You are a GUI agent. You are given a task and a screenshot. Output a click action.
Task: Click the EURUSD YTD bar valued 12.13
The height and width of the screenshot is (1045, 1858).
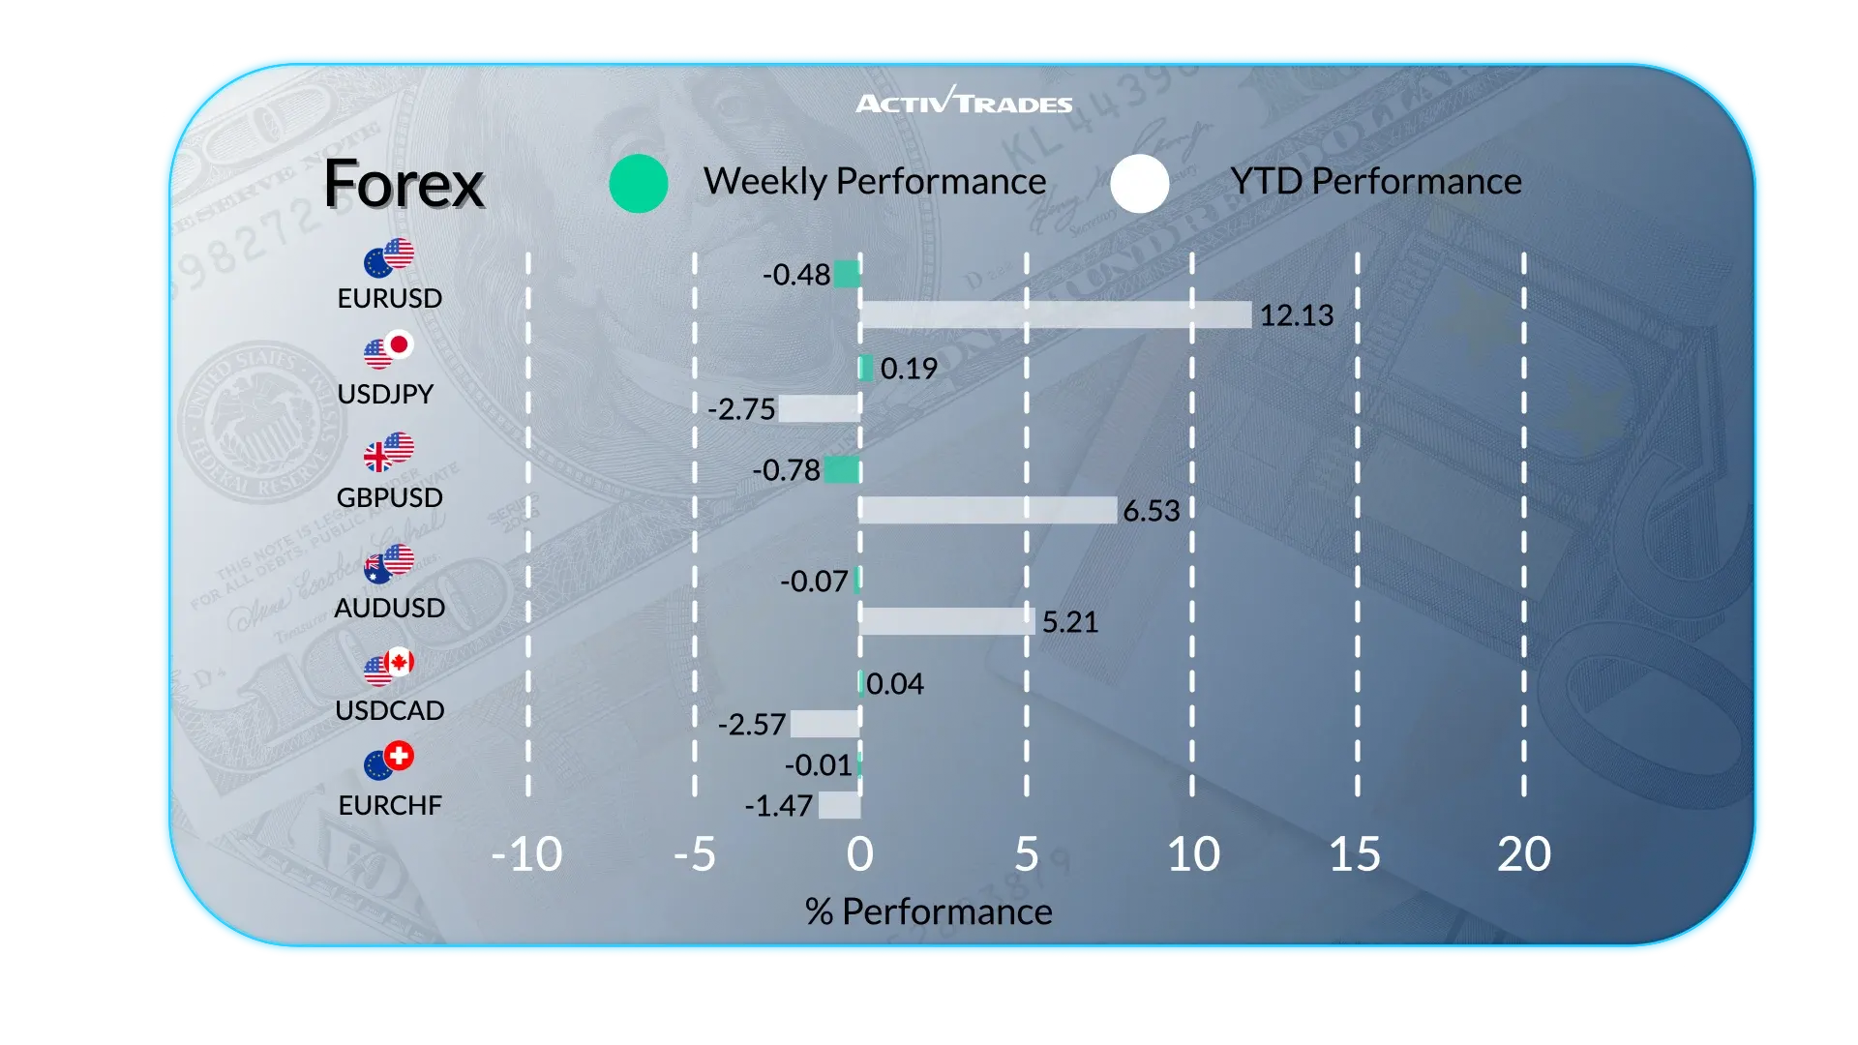[x=1055, y=314]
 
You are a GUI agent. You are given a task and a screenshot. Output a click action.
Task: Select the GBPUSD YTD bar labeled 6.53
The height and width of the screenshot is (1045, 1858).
[x=988, y=510]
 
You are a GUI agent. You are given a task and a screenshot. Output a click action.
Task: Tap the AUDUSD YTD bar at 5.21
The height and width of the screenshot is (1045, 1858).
[x=946, y=621]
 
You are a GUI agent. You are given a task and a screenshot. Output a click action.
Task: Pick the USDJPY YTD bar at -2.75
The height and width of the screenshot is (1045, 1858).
[x=819, y=408]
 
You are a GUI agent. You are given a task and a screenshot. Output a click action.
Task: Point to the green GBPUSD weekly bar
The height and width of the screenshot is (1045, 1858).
[x=842, y=470]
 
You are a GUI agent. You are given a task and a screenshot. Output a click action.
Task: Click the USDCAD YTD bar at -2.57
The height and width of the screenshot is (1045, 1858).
[x=824, y=724]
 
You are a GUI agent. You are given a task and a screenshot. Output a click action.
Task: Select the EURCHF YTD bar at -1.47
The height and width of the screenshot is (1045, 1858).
[x=839, y=805]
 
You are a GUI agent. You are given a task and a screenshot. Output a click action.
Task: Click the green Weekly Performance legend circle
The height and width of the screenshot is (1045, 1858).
[x=639, y=183]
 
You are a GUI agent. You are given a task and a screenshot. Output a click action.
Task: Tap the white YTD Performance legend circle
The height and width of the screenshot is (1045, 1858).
[x=1140, y=183]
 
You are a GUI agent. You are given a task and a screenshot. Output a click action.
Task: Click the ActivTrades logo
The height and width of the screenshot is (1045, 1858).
[x=964, y=101]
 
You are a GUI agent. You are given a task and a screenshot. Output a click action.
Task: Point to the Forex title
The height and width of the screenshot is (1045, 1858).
[x=404, y=184]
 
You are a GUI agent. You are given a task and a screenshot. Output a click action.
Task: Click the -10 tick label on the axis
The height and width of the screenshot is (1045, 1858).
[x=526, y=854]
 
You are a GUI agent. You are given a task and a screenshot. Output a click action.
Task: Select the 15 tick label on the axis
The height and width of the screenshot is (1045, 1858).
[x=1355, y=854]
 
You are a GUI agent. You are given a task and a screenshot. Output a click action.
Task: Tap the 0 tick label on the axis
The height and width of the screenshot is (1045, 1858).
[x=859, y=854]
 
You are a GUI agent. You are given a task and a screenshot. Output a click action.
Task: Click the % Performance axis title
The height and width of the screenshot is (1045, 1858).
[x=928, y=911]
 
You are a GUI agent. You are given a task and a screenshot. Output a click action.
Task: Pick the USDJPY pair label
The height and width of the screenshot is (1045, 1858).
[x=385, y=394]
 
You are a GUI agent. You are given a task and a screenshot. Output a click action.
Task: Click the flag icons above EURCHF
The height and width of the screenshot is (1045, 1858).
[x=389, y=761]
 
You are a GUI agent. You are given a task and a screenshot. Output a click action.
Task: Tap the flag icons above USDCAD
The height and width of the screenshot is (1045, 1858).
[x=389, y=666]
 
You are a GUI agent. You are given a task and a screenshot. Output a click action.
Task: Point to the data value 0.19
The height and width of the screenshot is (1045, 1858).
[x=909, y=369]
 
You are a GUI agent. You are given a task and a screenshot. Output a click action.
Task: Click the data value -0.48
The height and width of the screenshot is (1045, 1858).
[x=796, y=275]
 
